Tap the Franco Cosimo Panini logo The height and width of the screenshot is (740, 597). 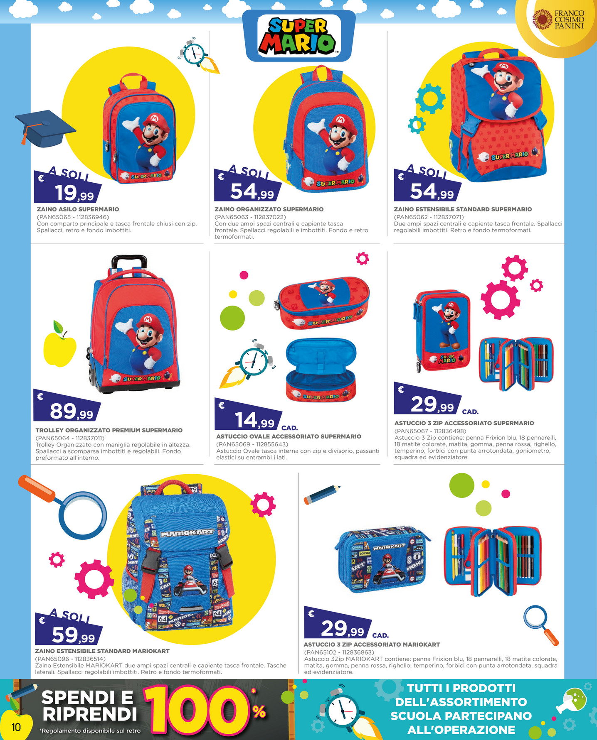[x=559, y=20]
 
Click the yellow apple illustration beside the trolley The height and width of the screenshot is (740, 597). [x=60, y=344]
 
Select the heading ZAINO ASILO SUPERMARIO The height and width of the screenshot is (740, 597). [x=78, y=209]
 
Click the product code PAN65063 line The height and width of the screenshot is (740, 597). [x=250, y=217]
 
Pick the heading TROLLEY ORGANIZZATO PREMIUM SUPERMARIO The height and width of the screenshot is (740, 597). [x=109, y=430]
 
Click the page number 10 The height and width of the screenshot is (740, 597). [x=16, y=727]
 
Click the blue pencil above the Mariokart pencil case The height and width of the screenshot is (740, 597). [x=322, y=494]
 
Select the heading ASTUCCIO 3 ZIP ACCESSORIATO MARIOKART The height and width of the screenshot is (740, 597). [x=372, y=644]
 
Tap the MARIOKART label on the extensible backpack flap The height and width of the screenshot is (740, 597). [x=187, y=533]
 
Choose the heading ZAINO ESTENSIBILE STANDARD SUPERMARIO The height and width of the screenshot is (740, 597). [x=463, y=209]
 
